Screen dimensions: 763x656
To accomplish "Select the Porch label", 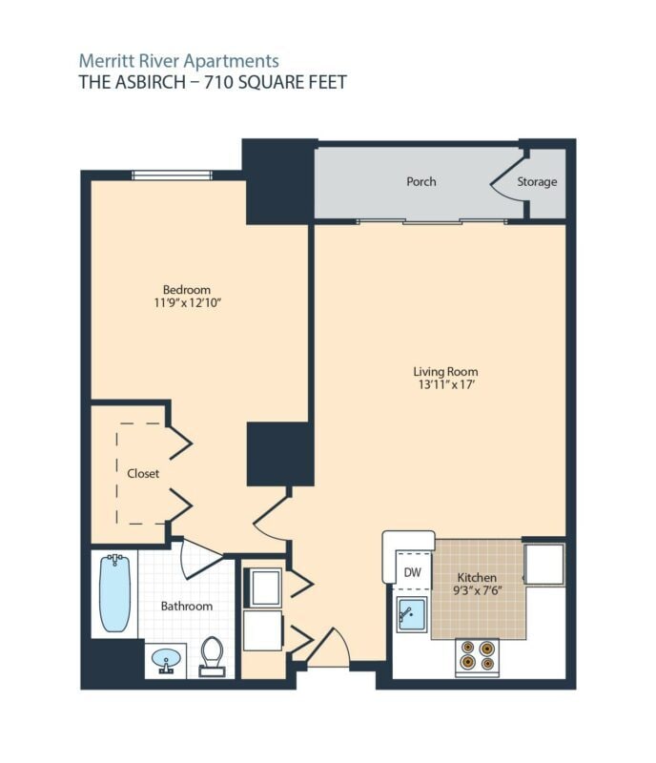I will [x=420, y=181].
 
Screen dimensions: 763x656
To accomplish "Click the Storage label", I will [x=537, y=181].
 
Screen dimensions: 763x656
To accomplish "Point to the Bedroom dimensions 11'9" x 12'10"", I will [x=186, y=303].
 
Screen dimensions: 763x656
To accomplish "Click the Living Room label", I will [x=445, y=371].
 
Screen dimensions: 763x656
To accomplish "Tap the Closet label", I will [x=143, y=473].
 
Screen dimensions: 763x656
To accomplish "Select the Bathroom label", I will [x=186, y=606].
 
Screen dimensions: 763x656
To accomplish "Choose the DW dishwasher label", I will [x=412, y=572].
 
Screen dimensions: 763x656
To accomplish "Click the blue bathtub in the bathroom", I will [x=114, y=593].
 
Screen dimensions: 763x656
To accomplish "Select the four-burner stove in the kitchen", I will [x=477, y=655].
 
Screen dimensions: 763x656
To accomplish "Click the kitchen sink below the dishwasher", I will [x=412, y=616].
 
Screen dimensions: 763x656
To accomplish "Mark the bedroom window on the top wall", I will [x=172, y=175].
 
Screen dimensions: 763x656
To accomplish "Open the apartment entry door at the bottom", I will [x=329, y=650].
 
